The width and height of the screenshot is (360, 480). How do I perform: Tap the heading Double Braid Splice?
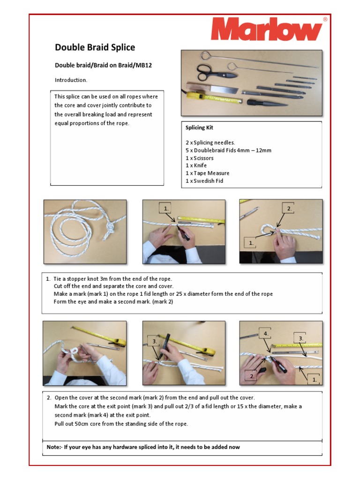coord(95,47)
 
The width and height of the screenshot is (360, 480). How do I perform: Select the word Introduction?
coord(71,80)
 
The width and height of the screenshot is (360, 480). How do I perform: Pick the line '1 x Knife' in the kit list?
coord(196,165)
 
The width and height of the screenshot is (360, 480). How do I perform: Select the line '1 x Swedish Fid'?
coord(204,180)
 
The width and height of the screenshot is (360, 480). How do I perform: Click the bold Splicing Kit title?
coord(200,127)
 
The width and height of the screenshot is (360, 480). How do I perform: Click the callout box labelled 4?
coord(266,334)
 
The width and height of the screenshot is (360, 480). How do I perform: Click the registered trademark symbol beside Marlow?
coord(325,20)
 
